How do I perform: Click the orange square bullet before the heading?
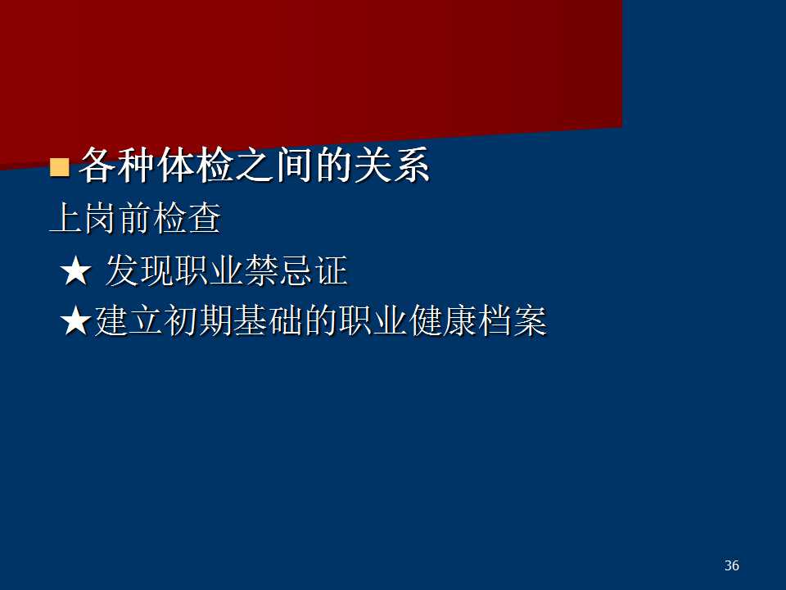coord(60,167)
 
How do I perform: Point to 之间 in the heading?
coord(274,165)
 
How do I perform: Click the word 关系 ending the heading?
coord(392,165)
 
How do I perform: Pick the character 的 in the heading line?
coord(333,165)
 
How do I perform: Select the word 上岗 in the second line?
coord(84,218)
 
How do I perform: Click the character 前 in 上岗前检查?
coord(135,218)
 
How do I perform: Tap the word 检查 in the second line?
coord(187,218)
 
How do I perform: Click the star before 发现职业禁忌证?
coord(75,271)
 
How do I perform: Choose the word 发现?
coord(139,270)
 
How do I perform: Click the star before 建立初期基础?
coord(75,321)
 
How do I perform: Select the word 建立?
coord(129,320)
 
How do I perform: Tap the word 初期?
coord(198,320)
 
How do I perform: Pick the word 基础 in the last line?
coord(269,320)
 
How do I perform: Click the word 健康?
coord(442,320)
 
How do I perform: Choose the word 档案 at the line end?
coord(513,320)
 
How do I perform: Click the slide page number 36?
coord(732,565)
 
